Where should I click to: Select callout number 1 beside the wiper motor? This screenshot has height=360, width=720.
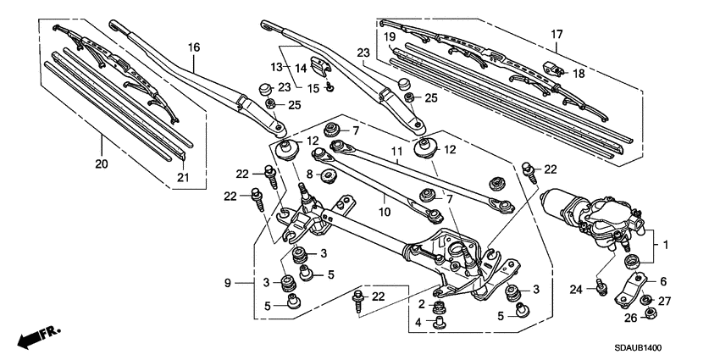[x=666, y=245]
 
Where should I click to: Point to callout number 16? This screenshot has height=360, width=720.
[x=193, y=47]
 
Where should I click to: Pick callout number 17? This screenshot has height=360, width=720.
[x=557, y=35]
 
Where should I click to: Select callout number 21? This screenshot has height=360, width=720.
[x=181, y=176]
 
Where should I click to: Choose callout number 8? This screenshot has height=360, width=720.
[x=310, y=174]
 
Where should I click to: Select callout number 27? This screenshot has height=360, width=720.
[x=664, y=300]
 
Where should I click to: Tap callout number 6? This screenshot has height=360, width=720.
[x=663, y=281]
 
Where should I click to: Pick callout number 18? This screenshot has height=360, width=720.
[x=579, y=75]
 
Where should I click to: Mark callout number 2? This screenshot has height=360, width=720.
[x=421, y=303]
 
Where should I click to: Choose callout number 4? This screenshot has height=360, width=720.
[x=418, y=322]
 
